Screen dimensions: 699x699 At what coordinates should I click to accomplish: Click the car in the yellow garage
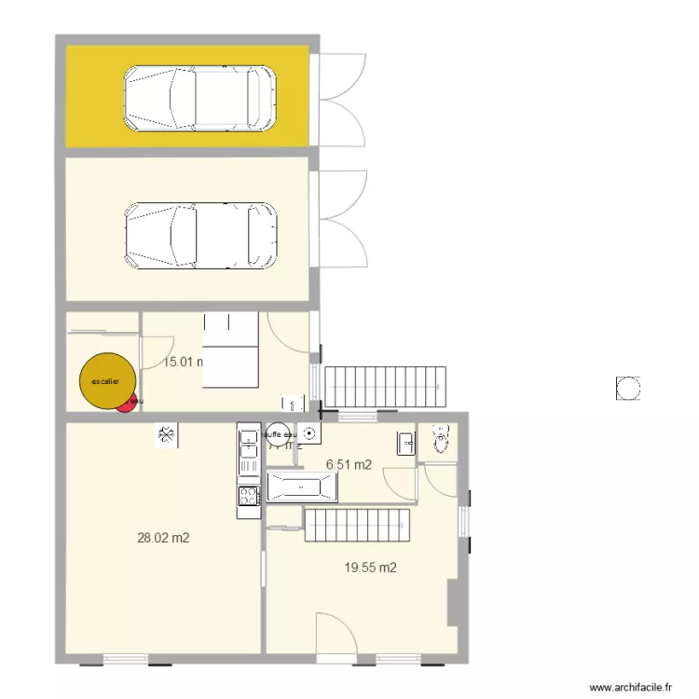pos(200,98)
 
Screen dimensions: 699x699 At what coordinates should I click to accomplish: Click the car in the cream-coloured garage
pos(200,237)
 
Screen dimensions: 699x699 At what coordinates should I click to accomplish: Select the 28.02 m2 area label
pos(163,538)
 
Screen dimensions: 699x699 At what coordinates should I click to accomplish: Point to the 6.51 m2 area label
pos(349,463)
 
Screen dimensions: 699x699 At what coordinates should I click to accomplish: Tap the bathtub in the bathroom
pos(301,487)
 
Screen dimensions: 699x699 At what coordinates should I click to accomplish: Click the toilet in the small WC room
pos(441,439)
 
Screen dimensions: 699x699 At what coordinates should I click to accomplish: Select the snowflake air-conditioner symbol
pos(166,434)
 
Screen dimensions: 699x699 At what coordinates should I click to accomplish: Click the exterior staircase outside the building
pos(386,386)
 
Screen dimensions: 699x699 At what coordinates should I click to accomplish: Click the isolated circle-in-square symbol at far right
pos(628,388)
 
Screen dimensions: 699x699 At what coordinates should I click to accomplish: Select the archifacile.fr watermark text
pos(630,686)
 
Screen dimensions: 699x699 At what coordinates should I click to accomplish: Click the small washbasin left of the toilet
pos(406,443)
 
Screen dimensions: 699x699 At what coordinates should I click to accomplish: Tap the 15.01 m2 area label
pos(184,362)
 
